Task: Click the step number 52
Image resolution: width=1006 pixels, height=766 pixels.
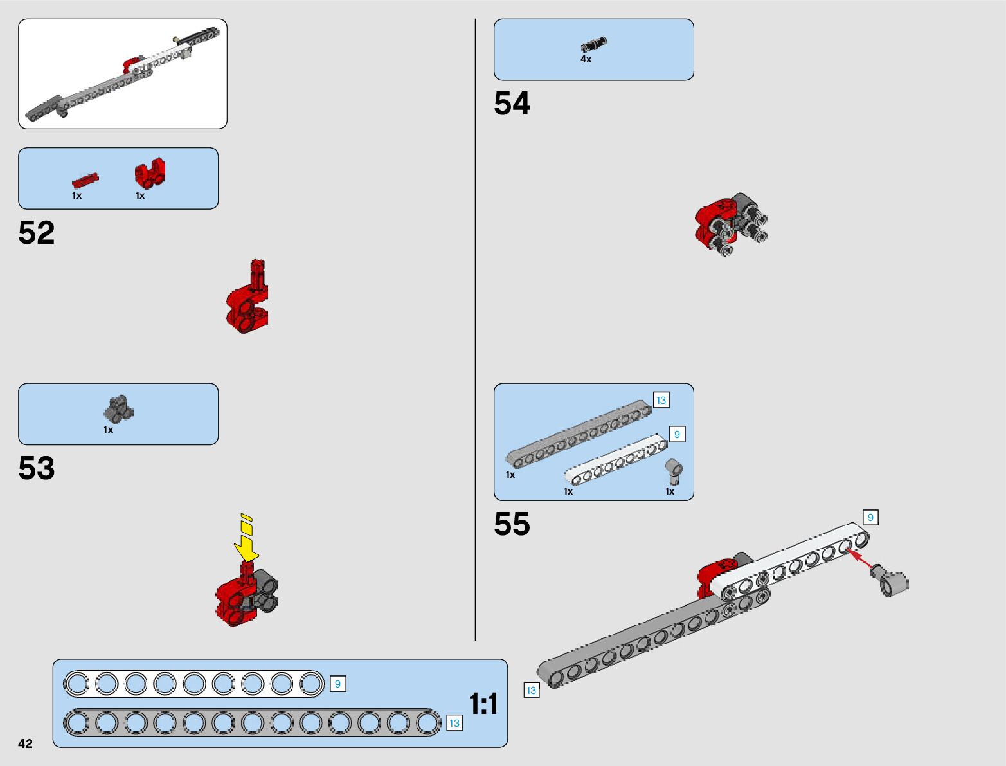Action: pyautogui.click(x=37, y=233)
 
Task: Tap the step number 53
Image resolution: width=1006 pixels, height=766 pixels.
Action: pyautogui.click(x=37, y=468)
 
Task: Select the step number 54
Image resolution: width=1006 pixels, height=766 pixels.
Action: pyautogui.click(x=512, y=104)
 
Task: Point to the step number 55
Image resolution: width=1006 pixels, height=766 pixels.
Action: pyautogui.click(x=512, y=524)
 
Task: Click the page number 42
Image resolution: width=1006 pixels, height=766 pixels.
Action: pyautogui.click(x=25, y=743)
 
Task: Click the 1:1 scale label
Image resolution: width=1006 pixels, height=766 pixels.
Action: pyautogui.click(x=483, y=704)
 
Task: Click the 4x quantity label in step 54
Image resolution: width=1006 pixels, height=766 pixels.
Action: pyautogui.click(x=586, y=59)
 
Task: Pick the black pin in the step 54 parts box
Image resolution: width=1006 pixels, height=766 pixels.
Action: pyautogui.click(x=593, y=44)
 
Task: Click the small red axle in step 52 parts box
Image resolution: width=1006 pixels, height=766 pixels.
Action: pyautogui.click(x=85, y=180)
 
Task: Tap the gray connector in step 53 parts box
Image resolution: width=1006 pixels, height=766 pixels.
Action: pyautogui.click(x=118, y=409)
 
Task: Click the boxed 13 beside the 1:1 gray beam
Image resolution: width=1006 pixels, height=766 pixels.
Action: pyautogui.click(x=454, y=723)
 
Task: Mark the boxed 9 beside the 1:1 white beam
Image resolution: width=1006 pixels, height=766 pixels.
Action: pyautogui.click(x=337, y=684)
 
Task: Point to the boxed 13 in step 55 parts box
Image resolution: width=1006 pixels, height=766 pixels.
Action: pyautogui.click(x=661, y=400)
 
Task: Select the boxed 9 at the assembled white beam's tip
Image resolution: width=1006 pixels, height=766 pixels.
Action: pyautogui.click(x=870, y=517)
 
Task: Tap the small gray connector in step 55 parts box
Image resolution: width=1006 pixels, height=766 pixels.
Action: pyautogui.click(x=673, y=471)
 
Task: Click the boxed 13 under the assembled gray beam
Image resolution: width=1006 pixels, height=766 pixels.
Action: pyautogui.click(x=531, y=690)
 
